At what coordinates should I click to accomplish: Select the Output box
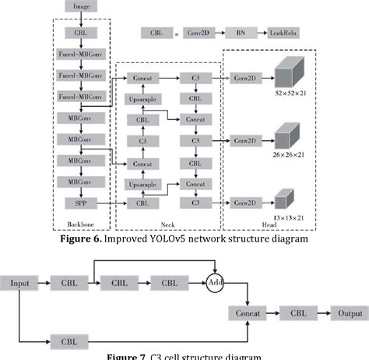[x=349, y=312]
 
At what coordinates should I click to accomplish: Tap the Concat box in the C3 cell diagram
[x=248, y=312]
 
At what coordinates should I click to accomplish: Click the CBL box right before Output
[x=299, y=312]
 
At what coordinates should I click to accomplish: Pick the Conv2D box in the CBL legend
[x=196, y=34]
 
